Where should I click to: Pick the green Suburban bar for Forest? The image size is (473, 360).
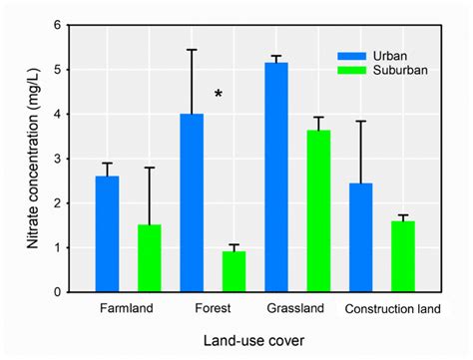click(234, 271)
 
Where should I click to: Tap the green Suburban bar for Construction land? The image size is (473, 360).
click(402, 256)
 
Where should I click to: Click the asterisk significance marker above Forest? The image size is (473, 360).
click(218, 95)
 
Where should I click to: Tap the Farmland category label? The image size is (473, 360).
click(128, 308)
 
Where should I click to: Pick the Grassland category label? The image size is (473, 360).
click(296, 308)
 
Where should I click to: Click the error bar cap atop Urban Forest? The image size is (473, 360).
click(191, 50)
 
